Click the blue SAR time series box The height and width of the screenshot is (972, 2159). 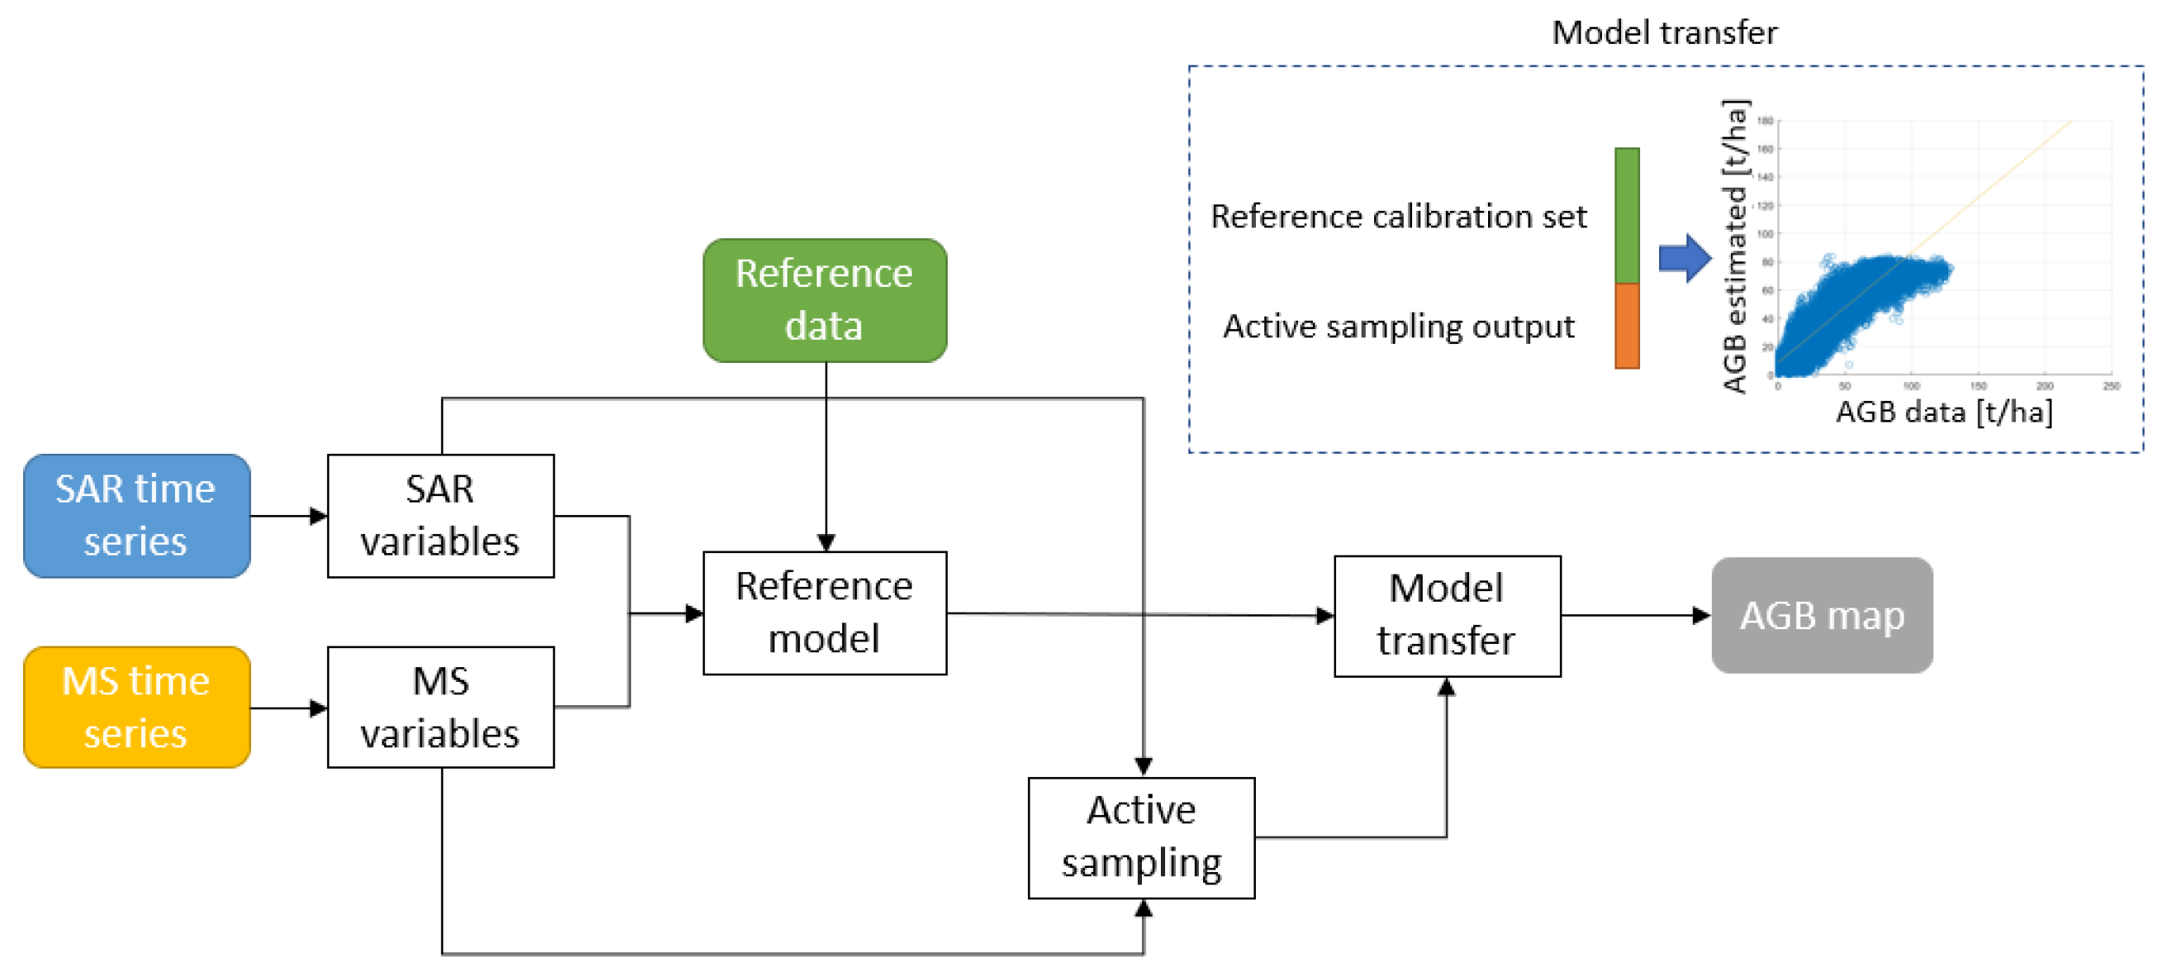click(136, 515)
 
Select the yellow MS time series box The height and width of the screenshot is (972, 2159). click(136, 706)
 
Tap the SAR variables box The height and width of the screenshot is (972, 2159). click(440, 515)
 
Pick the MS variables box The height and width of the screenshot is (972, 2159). click(440, 706)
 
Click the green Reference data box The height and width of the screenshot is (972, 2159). click(825, 299)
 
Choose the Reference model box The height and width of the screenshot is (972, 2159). click(825, 612)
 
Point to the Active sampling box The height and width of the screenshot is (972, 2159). click(1141, 837)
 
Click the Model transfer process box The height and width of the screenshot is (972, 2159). click(1447, 615)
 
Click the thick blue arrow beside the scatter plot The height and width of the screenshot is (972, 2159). click(1684, 258)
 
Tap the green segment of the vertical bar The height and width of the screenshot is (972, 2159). click(1626, 215)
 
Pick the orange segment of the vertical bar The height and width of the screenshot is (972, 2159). click(1626, 326)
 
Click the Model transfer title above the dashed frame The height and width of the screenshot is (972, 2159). click(1664, 33)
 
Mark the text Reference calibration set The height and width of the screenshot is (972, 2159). click(1398, 217)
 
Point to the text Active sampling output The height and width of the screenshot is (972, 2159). click(1398, 326)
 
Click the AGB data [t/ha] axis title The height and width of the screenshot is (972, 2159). click(1943, 412)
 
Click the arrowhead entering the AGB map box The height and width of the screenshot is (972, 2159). click(1700, 615)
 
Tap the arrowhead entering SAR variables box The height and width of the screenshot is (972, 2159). click(317, 515)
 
